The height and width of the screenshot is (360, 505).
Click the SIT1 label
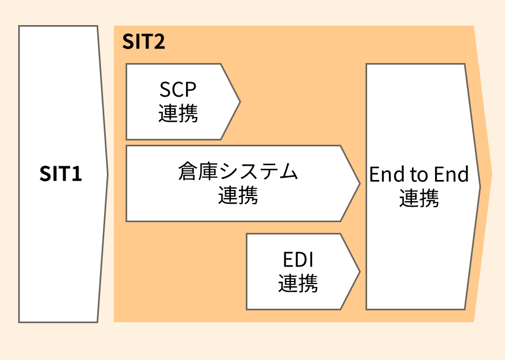coord(61,174)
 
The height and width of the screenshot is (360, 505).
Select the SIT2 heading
coord(144,42)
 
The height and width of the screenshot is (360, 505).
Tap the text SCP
coord(178,89)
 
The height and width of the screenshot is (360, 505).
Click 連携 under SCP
coord(178,113)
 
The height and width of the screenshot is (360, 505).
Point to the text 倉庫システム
coord(238,172)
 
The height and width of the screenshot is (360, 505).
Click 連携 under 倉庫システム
coord(238,195)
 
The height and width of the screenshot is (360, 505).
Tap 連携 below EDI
coord(298,283)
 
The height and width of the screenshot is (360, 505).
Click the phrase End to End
coord(419,175)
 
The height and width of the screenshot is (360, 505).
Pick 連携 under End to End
coord(419,199)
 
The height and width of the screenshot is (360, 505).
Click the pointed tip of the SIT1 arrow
coord(107,174)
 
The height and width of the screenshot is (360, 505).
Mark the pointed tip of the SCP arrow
coord(240,101)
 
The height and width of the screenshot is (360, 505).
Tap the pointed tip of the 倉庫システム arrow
coord(360,183)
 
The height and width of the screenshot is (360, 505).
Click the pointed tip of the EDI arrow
coord(360,271)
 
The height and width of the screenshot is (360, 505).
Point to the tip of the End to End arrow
coord(480,186)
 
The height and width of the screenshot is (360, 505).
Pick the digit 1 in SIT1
coord(76,174)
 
